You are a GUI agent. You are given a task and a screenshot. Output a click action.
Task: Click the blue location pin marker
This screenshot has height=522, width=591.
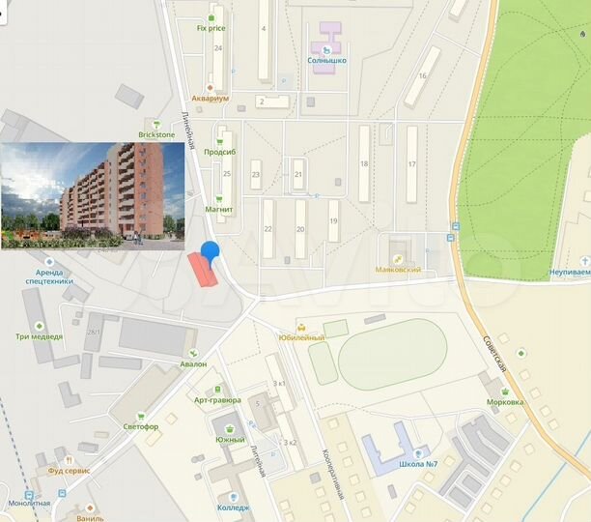coord(209,249)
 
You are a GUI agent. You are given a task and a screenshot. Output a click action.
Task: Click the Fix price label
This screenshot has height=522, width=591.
coord(211,28)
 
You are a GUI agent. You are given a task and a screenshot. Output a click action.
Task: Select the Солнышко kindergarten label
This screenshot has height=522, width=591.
coord(326,59)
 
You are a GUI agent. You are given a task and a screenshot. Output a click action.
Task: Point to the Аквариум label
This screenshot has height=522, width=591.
coord(210,99)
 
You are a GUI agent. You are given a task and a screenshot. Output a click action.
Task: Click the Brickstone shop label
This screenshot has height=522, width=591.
coord(156,135)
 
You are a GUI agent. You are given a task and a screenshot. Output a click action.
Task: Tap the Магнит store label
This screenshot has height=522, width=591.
coord(220,222)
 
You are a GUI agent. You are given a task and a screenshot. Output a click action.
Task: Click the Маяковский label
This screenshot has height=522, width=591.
coord(397,270)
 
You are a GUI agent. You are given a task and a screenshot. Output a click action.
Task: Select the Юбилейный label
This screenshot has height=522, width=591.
coord(302,337)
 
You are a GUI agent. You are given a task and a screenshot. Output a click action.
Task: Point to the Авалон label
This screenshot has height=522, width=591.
coord(193,363)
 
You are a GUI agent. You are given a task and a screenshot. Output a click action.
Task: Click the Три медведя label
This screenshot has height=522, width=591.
coord(39,336)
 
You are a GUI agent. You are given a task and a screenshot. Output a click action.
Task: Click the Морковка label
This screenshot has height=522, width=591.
coord(504,401)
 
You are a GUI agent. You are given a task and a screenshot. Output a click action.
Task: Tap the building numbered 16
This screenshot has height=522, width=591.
coord(421,76)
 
